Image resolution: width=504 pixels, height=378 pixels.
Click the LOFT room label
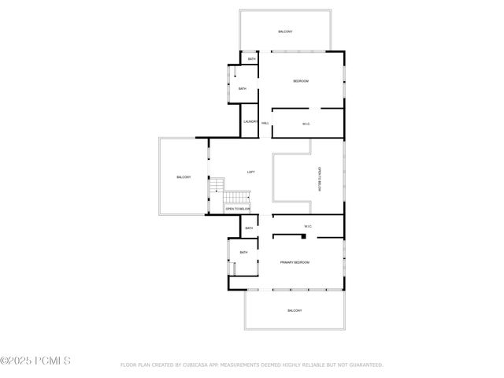251,172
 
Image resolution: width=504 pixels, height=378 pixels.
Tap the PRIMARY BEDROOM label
295,261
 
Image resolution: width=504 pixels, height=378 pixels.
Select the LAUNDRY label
250,121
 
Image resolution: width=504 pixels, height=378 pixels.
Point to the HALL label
265,124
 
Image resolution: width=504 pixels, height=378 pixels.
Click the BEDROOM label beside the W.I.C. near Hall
300,82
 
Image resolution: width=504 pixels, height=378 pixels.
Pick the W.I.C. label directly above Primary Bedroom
308,228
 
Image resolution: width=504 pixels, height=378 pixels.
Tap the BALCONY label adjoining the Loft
183,177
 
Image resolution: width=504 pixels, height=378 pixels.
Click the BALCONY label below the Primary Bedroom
295,310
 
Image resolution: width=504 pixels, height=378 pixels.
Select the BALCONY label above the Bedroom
285,31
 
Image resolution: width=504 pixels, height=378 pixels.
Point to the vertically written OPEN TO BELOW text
320,180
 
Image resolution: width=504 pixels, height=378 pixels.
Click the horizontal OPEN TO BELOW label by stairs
237,209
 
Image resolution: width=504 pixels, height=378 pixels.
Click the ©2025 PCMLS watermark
35,361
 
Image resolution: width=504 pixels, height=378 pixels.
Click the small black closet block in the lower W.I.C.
275,235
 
